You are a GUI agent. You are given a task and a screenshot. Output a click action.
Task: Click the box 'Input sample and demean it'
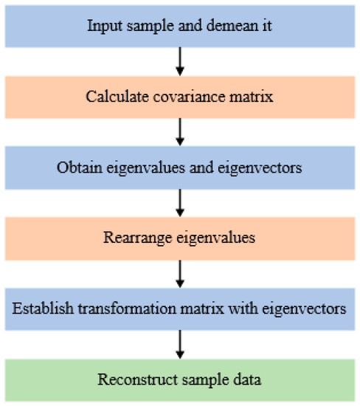(179, 26)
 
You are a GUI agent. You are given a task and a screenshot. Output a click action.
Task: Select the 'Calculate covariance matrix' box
(179, 97)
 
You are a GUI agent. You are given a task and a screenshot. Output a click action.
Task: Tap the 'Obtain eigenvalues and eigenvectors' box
(179, 168)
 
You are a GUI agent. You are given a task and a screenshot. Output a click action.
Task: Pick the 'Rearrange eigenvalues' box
(179, 238)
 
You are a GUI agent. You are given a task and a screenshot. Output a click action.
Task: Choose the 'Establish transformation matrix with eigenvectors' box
(179, 309)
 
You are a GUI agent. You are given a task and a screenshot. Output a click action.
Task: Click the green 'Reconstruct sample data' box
(179, 380)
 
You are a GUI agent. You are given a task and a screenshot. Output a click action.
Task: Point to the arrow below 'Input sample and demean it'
(179, 61)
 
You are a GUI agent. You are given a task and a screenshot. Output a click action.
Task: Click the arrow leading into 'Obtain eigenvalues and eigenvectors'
(179, 132)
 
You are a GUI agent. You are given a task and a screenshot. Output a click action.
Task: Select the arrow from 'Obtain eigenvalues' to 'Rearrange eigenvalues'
(179, 203)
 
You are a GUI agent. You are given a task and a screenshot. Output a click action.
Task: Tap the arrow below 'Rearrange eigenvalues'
(179, 274)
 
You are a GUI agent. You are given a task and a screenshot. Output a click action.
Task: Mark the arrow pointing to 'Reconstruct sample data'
(179, 345)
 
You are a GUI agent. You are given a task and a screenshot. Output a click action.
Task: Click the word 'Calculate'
(110, 97)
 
